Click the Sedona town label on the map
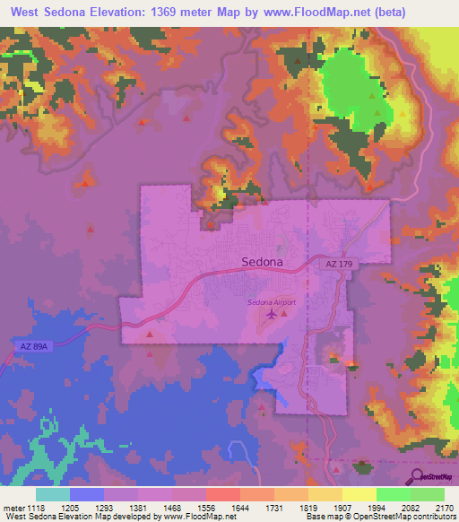tap(263, 263)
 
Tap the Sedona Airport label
tap(272, 302)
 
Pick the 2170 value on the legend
tap(444, 507)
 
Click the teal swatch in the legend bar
tap(53, 494)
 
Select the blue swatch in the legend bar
tap(87, 494)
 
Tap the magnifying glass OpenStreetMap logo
tap(418, 478)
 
